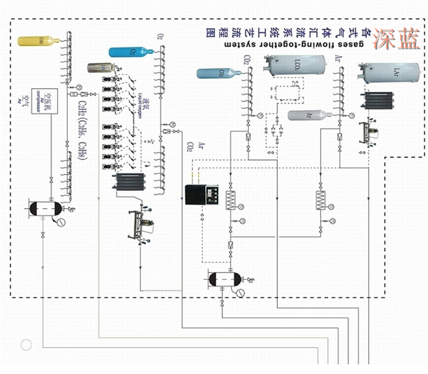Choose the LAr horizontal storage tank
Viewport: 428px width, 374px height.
click(x=394, y=72)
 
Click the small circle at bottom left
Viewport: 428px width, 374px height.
click(x=26, y=344)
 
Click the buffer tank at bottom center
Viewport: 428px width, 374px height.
click(x=227, y=279)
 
